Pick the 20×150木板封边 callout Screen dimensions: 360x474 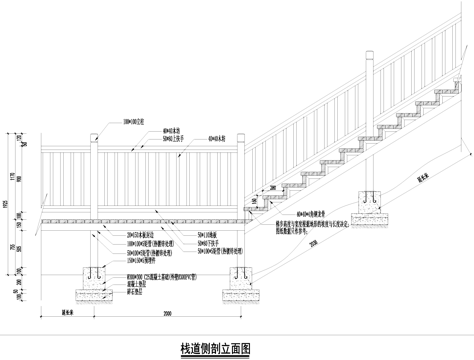tap(139, 232)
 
